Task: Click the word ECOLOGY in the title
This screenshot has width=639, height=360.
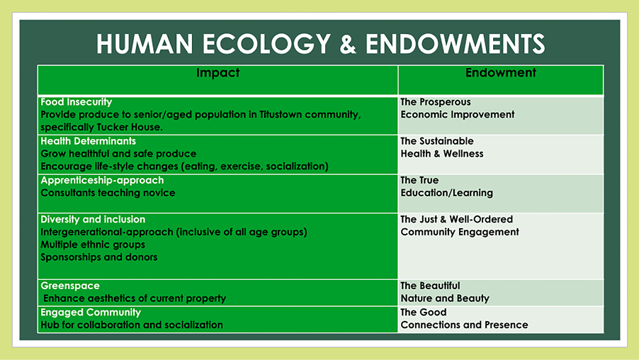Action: click(x=266, y=44)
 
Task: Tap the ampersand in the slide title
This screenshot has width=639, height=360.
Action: click(x=348, y=44)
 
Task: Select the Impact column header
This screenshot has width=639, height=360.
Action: click(x=217, y=72)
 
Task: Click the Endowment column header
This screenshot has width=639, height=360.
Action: click(x=500, y=72)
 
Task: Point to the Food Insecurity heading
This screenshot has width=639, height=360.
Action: click(x=77, y=102)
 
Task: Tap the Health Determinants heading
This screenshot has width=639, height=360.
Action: click(x=88, y=141)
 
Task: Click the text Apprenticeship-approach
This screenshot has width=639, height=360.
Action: click(x=102, y=181)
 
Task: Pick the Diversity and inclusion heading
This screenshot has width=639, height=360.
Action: click(x=93, y=220)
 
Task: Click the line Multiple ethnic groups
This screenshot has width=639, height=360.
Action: click(x=93, y=244)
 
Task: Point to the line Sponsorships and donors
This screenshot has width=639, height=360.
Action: click(x=99, y=257)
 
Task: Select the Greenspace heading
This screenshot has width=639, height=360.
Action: click(x=70, y=286)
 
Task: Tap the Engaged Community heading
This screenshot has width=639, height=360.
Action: click(x=91, y=313)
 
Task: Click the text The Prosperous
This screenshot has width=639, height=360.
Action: click(x=436, y=102)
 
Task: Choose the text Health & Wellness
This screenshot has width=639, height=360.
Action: click(x=442, y=154)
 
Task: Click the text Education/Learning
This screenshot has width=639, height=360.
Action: click(x=446, y=193)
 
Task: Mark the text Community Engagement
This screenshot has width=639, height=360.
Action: click(x=460, y=232)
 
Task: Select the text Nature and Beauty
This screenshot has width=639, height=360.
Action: click(x=445, y=298)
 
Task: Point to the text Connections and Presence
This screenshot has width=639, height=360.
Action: click(x=464, y=325)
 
